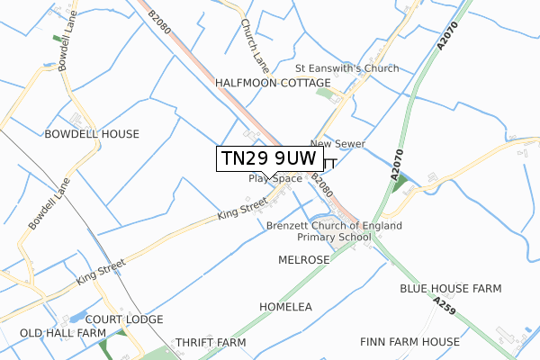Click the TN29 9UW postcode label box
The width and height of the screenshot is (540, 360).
tap(268, 157)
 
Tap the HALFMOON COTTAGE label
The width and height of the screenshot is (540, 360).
tap(273, 83)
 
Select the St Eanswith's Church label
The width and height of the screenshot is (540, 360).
tap(347, 68)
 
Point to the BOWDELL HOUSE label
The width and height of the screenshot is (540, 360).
tap(92, 134)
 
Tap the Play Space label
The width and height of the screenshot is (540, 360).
tap(275, 178)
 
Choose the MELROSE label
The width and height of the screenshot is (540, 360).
tap(304, 259)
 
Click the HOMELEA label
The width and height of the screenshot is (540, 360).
tap(285, 307)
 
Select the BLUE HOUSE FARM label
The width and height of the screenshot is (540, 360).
tap(450, 289)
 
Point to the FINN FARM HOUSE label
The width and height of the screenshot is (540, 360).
tap(409, 342)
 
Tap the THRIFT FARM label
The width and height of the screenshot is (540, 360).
tap(211, 343)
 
